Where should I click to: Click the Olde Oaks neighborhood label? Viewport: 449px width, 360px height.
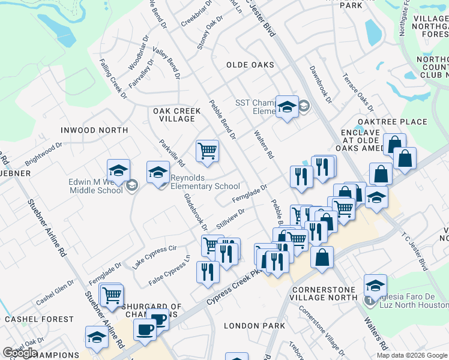[250, 65]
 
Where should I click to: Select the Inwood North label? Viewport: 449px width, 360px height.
[94, 130]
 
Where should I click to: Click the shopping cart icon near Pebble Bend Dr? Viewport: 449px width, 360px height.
[207, 151]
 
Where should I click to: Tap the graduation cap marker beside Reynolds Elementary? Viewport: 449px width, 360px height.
[158, 173]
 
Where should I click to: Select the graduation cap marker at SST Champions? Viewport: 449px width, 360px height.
[288, 107]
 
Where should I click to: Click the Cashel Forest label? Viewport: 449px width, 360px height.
[39, 320]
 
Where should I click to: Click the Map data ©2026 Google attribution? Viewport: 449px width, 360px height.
[412, 355]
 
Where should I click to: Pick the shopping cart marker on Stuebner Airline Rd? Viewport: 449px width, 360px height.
[111, 295]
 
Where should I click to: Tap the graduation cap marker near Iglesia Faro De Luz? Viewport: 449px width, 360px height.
[375, 285]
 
